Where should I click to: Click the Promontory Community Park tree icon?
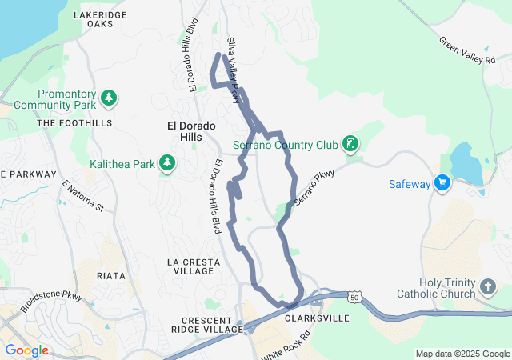109,99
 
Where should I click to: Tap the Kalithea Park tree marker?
167,164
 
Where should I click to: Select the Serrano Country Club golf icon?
350,145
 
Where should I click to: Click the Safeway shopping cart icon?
442,183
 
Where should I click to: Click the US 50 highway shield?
354,297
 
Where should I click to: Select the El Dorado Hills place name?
185,131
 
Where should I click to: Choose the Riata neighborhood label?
110,276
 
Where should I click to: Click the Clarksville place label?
317,318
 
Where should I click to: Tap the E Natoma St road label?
83,196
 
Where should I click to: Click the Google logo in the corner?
26,350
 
